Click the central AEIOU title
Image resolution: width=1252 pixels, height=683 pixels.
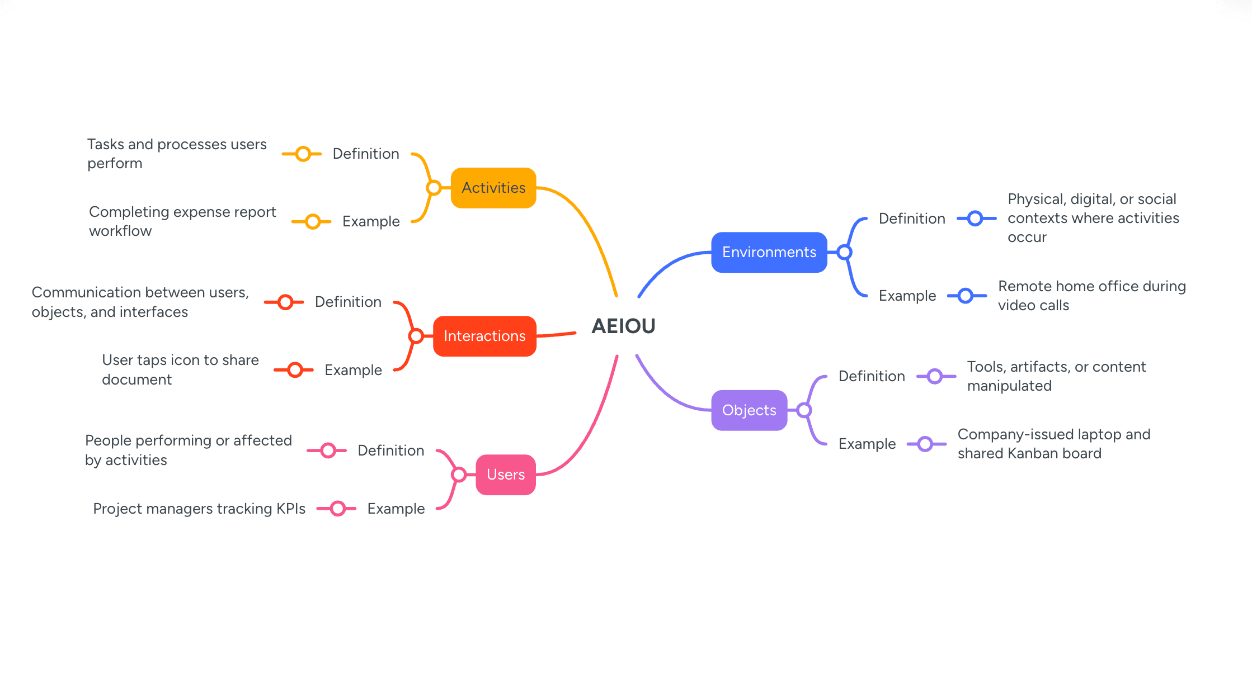[x=623, y=326]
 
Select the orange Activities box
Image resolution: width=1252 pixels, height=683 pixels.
[x=493, y=188]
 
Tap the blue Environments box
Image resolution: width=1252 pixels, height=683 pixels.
[x=769, y=252]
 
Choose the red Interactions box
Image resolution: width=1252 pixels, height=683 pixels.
[x=484, y=336]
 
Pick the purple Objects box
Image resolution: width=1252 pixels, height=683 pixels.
[x=749, y=410]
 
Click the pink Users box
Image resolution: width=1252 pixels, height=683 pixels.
[x=506, y=475]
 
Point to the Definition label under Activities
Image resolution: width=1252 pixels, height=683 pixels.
[x=366, y=154]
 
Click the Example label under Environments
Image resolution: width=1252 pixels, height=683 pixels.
[x=907, y=296]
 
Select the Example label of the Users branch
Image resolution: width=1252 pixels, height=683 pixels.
[x=396, y=509]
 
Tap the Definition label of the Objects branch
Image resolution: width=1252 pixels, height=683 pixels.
[x=872, y=376]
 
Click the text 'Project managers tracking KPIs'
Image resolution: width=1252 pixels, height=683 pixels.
[x=199, y=509]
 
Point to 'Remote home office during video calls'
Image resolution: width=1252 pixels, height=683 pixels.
[x=1091, y=296]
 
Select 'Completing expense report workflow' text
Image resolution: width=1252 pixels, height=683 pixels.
[x=182, y=221]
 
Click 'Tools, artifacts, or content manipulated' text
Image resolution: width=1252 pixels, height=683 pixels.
[x=1056, y=376]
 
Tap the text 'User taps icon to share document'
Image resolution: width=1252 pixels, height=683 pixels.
[x=180, y=369]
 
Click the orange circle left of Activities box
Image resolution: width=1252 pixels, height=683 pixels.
[x=434, y=188]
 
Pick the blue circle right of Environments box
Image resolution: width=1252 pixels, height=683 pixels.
[x=844, y=252]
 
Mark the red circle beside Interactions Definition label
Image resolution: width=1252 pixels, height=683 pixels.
[x=285, y=302]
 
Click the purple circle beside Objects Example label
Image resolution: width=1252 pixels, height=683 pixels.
[x=925, y=444]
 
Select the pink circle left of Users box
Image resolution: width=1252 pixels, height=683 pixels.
[x=459, y=475]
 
